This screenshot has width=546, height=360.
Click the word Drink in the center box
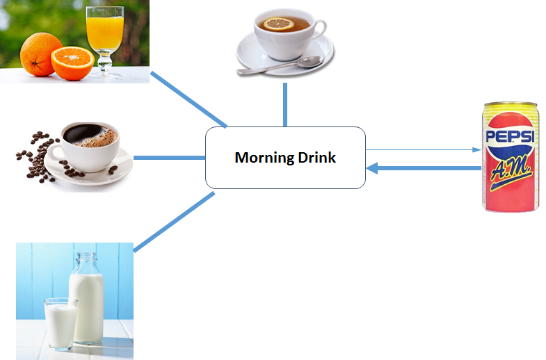tap(317, 157)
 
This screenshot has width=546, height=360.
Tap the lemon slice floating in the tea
tap(278, 24)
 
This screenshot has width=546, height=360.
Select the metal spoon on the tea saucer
tap(280, 65)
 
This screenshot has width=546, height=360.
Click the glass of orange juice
tap(105, 38)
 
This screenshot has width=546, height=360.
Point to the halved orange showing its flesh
tap(72, 63)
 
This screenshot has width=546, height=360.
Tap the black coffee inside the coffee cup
tap(90, 136)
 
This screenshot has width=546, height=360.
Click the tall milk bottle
tap(86, 297)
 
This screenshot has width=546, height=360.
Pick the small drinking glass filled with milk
tap(60, 323)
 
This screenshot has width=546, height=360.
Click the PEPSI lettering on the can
tap(510, 136)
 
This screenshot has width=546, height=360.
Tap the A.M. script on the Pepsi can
tap(511, 171)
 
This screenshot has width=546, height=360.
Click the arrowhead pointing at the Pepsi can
tap(476, 150)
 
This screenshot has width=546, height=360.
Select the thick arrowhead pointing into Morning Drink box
tap(372, 168)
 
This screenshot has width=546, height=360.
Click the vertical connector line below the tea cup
tap(285, 105)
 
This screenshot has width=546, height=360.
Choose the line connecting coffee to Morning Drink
tap(170, 158)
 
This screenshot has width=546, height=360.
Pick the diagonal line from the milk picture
tap(174, 222)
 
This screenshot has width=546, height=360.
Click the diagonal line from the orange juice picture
tap(188, 99)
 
